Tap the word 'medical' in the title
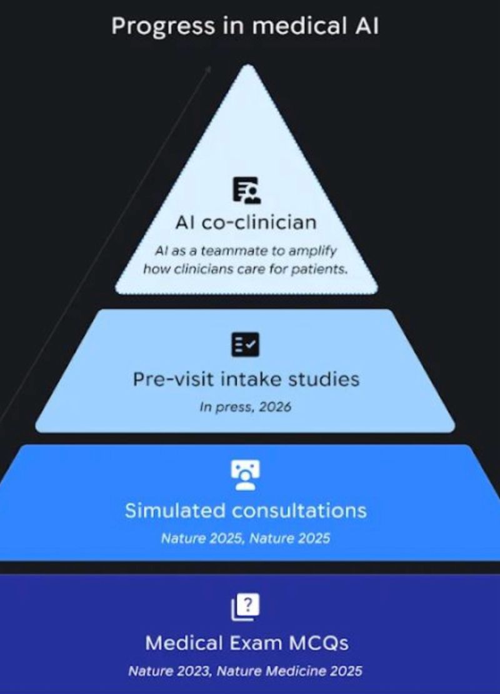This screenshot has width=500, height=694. (299, 26)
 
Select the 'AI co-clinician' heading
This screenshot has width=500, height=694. (246, 222)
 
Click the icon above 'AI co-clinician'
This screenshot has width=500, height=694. (247, 190)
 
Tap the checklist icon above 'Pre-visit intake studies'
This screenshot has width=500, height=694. (246, 344)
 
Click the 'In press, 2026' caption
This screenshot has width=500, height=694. (245, 407)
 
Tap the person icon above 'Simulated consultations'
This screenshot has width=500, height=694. (246, 475)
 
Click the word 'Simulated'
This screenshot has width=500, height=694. (175, 510)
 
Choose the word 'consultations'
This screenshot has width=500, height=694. (299, 510)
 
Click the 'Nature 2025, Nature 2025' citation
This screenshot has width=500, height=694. (246, 539)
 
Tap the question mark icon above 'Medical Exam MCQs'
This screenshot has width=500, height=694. (246, 607)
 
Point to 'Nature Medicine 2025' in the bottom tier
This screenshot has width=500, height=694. (289, 671)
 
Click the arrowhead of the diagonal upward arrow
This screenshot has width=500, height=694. (209, 69)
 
